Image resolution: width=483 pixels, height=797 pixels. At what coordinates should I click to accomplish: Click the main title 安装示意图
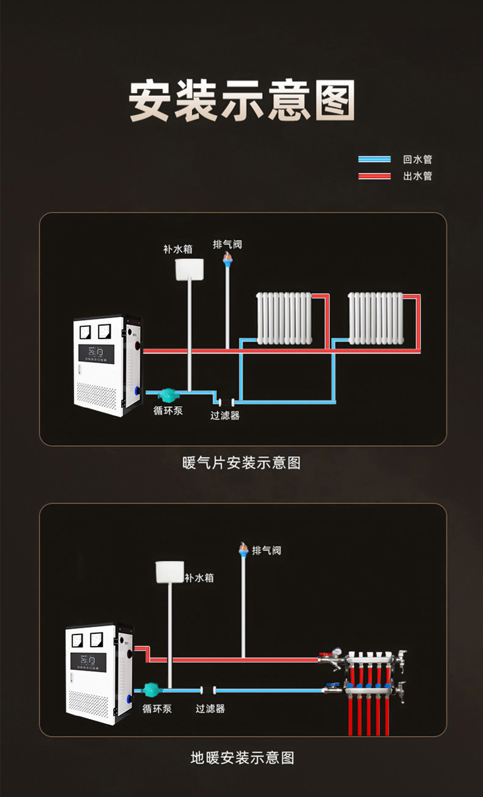tap(242, 101)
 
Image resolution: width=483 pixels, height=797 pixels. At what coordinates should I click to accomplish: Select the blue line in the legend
tap(374, 159)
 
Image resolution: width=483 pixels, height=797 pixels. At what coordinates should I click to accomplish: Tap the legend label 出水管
tap(418, 176)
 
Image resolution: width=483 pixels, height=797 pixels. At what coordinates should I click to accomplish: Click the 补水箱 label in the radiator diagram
tap(177, 249)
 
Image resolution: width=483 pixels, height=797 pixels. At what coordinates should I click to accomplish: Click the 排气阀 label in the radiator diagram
tap(227, 244)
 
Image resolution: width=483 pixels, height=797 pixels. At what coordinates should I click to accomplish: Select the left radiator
tap(284, 318)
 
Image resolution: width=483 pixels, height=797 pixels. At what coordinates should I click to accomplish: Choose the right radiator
tap(375, 318)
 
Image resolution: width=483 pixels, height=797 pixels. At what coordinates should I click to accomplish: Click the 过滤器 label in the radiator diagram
tap(225, 416)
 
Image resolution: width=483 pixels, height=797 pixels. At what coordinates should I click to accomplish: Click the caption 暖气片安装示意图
tap(242, 463)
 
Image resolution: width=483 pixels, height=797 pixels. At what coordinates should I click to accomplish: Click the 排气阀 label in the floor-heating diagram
tap(267, 550)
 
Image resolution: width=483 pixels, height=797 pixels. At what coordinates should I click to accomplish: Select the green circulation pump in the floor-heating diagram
tap(150, 690)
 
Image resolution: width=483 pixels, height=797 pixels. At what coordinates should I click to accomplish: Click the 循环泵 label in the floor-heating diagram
tap(157, 709)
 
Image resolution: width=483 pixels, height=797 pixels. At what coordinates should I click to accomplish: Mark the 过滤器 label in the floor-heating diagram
tap(210, 709)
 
